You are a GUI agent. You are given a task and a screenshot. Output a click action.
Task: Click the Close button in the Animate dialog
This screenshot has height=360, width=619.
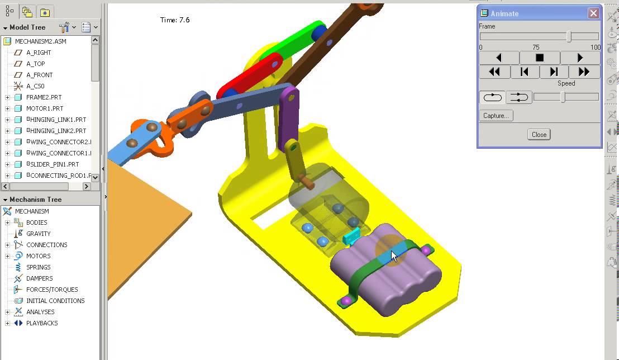(x=539, y=134)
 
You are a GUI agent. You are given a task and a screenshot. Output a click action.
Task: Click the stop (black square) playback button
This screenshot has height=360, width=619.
(x=540, y=58)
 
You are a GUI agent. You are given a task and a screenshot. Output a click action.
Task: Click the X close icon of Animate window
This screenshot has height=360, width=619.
(x=593, y=13)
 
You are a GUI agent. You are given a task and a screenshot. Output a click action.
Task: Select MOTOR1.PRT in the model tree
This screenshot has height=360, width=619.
(x=45, y=108)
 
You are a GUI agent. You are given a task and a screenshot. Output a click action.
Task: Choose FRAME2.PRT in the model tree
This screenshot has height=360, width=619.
(x=45, y=97)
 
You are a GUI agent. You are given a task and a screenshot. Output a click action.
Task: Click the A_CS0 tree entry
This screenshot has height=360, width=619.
(x=35, y=86)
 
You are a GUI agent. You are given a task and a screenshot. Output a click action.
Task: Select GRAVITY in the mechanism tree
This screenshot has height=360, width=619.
(x=38, y=234)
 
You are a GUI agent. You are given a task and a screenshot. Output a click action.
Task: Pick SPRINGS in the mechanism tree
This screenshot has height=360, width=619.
(x=38, y=267)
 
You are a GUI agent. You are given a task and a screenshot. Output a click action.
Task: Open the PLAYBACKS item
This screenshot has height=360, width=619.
(x=42, y=323)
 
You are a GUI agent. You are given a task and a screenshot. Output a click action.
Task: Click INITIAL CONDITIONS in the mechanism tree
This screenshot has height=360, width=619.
(x=55, y=301)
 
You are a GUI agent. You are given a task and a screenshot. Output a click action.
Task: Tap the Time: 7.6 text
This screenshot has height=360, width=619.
(x=175, y=20)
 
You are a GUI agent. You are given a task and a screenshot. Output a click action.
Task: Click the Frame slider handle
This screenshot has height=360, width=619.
(x=569, y=36)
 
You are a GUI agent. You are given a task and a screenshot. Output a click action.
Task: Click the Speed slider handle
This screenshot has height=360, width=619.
(x=563, y=97)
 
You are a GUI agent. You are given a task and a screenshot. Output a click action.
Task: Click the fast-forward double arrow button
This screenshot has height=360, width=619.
(x=584, y=72)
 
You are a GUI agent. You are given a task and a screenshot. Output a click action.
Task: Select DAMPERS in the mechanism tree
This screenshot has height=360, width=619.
(x=39, y=278)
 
